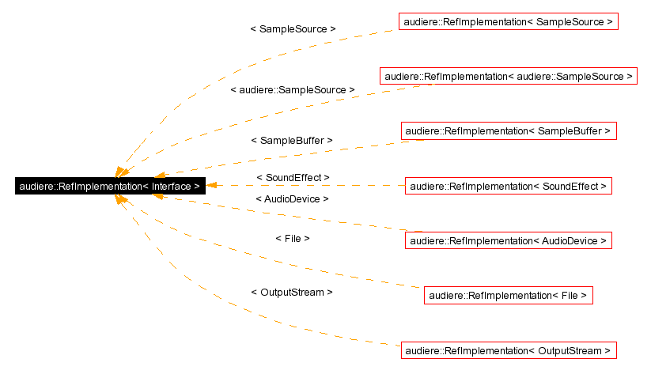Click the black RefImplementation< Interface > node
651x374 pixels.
pyautogui.click(x=110, y=187)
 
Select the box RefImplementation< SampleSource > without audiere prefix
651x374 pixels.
pyautogui.click(x=508, y=22)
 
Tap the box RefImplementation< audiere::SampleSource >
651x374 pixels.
pyautogui.click(x=509, y=77)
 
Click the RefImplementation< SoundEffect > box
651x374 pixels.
pyautogui.click(x=508, y=187)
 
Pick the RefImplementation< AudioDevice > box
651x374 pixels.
pyautogui.click(x=508, y=240)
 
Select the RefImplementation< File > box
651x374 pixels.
pyautogui.click(x=508, y=296)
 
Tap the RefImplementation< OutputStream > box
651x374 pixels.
pyautogui.click(x=508, y=350)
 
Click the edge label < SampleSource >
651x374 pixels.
pyautogui.click(x=293, y=28)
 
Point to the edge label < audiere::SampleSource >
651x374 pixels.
pyautogui.click(x=292, y=90)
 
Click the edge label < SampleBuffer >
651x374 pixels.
pyautogui.click(x=291, y=140)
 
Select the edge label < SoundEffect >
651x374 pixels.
pyautogui.click(x=293, y=177)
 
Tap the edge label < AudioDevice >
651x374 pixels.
pyautogui.click(x=292, y=199)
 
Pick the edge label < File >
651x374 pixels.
pyautogui.click(x=292, y=238)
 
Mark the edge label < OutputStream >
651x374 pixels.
pyautogui.click(x=291, y=292)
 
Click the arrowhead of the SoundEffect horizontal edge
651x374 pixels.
pyautogui.click(x=212, y=187)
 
